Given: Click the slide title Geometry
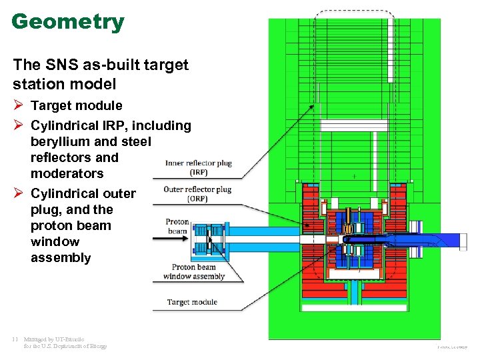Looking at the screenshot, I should click(68, 22).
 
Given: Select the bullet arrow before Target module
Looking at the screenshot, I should click(19, 105).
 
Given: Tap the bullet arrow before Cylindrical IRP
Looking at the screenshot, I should click(19, 125).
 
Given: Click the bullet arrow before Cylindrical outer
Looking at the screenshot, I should click(19, 193).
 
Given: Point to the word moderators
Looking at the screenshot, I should click(67, 174).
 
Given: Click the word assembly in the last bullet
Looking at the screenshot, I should click(60, 258).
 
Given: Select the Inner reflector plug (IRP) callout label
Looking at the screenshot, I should click(198, 167).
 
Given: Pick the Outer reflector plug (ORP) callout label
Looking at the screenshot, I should click(198, 193).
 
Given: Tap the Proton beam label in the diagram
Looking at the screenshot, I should click(177, 227).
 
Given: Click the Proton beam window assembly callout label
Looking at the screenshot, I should click(194, 271).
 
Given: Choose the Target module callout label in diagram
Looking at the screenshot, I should click(192, 302).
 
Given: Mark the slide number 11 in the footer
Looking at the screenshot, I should click(15, 339).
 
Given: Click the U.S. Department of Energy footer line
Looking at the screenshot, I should click(65, 346).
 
